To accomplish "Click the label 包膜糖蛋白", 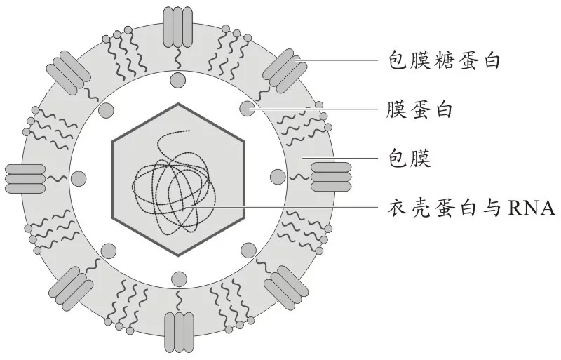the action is [444, 60].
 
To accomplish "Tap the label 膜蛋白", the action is [419, 109].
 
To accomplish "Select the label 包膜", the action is [409, 158].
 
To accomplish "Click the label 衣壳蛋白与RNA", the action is [471, 208].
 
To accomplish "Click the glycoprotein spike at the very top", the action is [178, 27].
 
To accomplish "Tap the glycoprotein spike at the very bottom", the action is [179, 333].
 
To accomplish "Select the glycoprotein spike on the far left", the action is [25, 179].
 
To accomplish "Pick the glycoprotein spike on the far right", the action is [331, 177].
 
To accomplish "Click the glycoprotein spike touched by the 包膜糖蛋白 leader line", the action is [285, 70].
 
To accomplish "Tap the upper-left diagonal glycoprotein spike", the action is [68, 73].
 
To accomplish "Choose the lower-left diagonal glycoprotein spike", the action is [71, 288].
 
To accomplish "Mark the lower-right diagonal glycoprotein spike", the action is [286, 288].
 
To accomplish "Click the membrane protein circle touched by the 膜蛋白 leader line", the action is [247, 108].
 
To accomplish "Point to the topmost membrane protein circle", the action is [178, 80].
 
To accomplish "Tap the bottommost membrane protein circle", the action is [180, 279].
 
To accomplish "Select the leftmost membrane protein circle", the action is [79, 179].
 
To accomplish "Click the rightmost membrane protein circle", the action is [278, 177].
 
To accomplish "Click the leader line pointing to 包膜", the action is [340, 158].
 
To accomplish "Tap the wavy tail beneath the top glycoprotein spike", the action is [178, 59].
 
